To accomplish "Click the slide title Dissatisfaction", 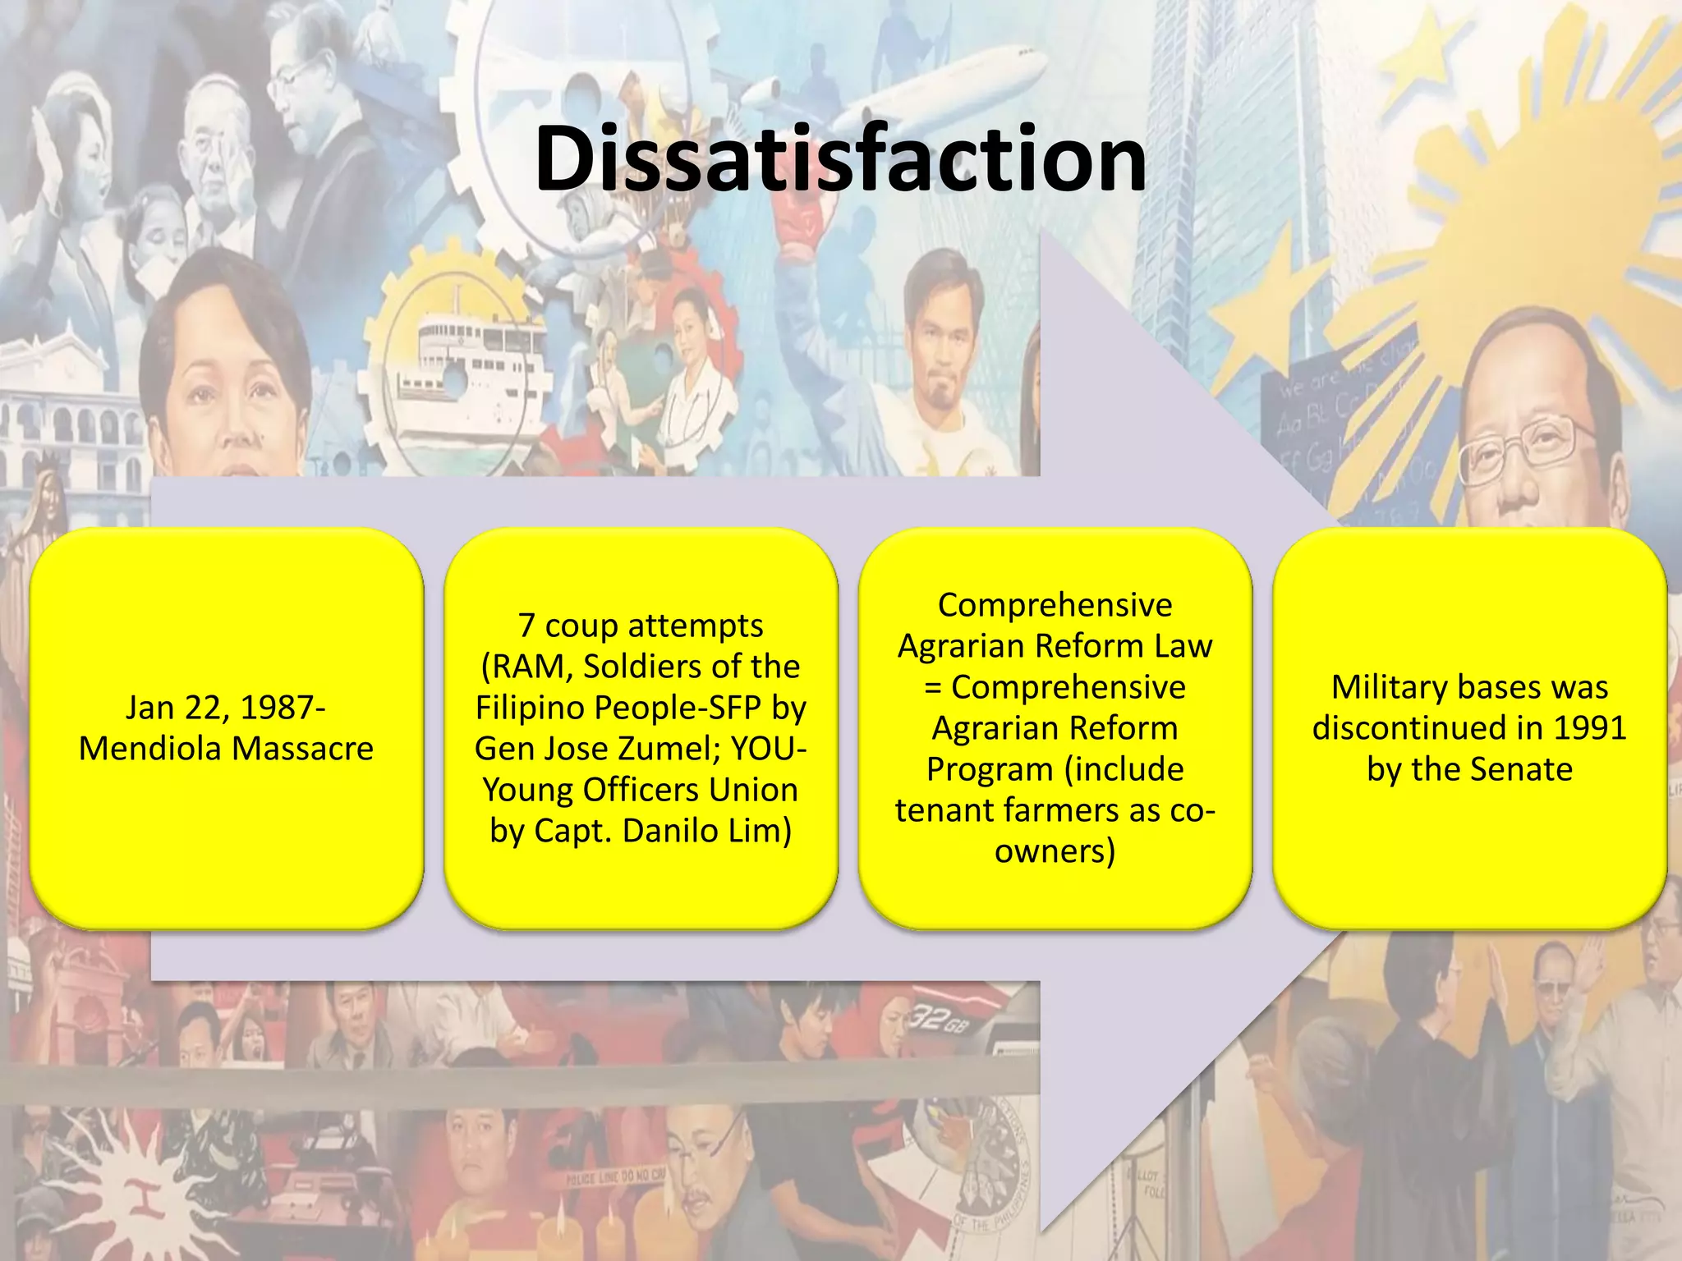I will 840,158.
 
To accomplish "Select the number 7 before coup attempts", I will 527,626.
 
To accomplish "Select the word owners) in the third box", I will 1055,851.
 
